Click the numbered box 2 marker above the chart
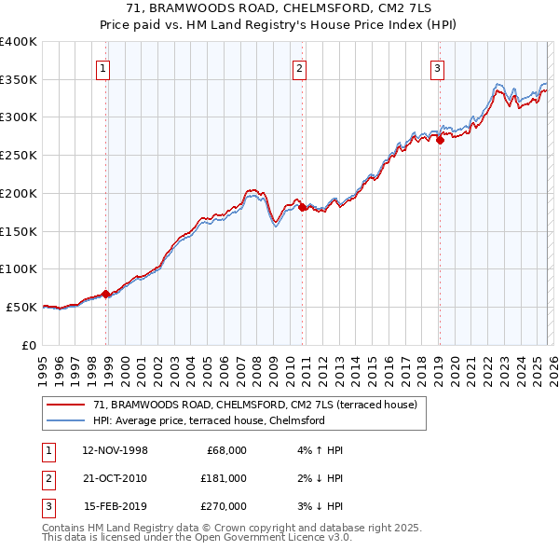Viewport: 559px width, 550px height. (x=299, y=67)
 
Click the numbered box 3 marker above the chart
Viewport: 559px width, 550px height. (x=437, y=67)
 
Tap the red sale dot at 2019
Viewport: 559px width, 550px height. (x=440, y=140)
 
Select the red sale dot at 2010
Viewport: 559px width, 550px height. (x=303, y=207)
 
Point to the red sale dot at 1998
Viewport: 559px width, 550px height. (x=106, y=293)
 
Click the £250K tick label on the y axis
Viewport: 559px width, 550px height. (x=19, y=156)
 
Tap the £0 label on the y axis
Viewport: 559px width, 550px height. (x=28, y=345)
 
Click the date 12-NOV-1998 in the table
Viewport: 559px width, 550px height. (x=115, y=450)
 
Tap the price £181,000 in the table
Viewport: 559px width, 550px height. (x=223, y=478)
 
